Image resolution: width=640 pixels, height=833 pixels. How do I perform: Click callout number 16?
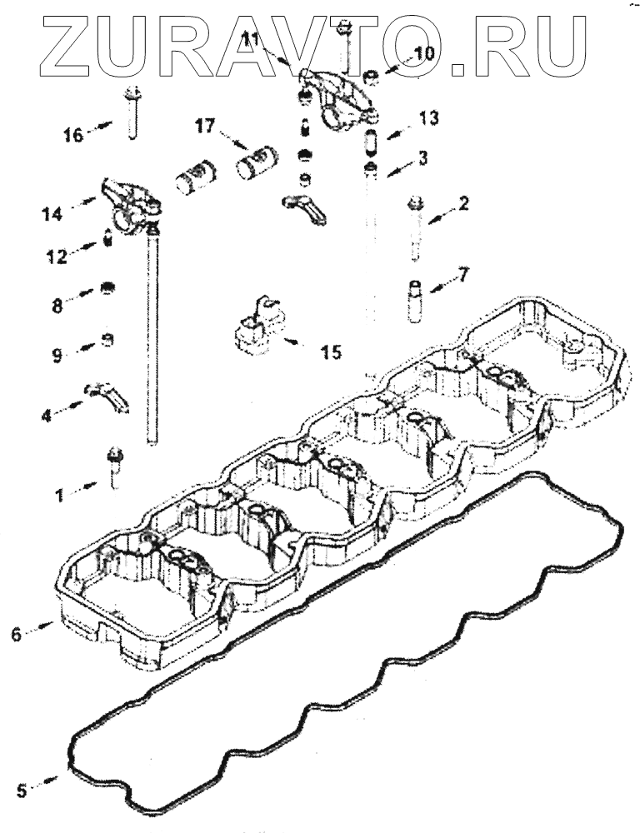[73, 134]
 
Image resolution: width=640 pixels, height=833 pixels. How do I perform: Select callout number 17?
[205, 126]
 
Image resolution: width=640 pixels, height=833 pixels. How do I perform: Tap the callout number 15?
[330, 353]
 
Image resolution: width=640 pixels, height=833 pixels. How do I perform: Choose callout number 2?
[463, 202]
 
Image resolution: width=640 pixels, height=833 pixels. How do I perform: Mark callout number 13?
[428, 118]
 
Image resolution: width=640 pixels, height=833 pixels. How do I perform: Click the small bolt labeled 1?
[115, 466]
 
